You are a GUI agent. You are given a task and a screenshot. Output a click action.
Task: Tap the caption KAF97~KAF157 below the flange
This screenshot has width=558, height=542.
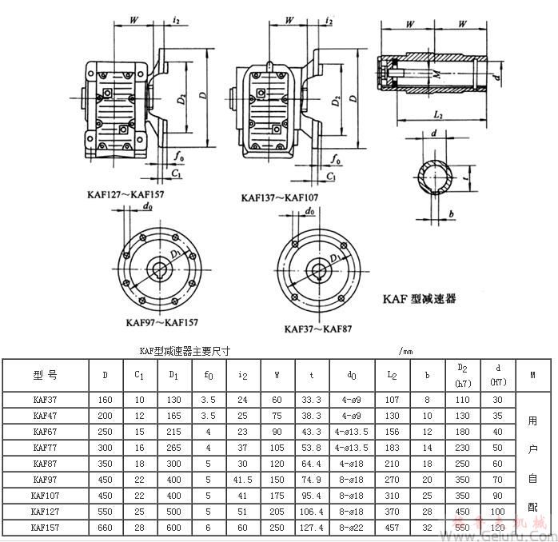tap(161, 323)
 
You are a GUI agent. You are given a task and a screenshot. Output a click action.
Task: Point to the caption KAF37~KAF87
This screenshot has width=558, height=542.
tap(318, 329)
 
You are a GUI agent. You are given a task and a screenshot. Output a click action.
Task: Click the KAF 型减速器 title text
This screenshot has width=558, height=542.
tap(418, 298)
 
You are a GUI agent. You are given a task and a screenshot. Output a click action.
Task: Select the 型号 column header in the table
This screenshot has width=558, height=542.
tap(45, 374)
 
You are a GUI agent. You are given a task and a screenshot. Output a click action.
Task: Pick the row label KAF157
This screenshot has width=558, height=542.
tap(45, 528)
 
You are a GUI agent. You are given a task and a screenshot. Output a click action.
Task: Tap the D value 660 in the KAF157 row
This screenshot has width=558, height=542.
tap(106, 528)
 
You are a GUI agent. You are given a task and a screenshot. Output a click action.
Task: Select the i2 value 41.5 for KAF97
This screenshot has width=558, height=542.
tap(243, 480)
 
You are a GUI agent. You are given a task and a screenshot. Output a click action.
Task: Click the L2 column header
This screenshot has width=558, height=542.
tap(392, 374)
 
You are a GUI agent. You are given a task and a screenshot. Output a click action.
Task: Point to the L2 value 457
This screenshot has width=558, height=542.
tap(392, 528)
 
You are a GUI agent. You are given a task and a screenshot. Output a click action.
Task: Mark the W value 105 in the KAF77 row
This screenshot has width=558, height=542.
tap(278, 447)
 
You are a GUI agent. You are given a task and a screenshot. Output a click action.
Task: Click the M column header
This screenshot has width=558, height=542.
tap(532, 374)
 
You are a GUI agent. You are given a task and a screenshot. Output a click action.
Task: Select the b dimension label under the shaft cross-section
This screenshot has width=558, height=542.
tap(451, 213)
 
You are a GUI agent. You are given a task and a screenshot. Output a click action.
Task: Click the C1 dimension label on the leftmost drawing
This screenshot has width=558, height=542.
tap(176, 173)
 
